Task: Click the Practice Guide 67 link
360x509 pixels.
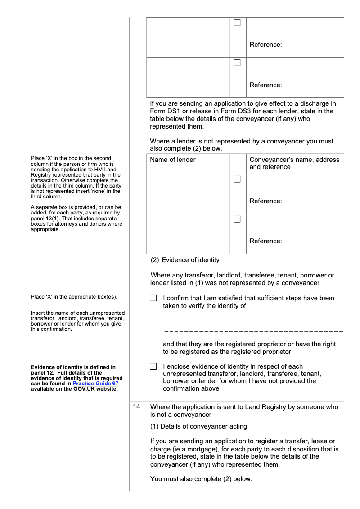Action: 95,384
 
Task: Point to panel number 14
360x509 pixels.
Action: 137,406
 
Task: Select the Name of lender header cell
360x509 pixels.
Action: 173,160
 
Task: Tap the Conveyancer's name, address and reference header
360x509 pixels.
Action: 294,163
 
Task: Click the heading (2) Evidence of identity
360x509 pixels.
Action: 185,260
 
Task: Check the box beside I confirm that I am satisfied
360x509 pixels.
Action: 153,298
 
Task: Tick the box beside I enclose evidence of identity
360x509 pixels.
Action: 153,366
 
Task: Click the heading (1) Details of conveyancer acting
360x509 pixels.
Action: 198,426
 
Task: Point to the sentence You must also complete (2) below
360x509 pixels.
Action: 201,479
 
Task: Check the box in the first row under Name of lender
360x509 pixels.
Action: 237,179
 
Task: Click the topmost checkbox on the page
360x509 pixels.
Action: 237,22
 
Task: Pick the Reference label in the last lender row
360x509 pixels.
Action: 265,241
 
